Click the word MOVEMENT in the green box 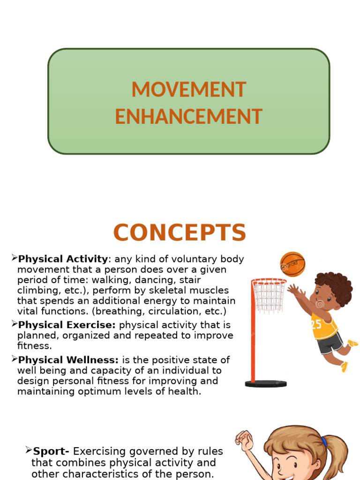pos(188,90)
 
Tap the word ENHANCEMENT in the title pos(188,117)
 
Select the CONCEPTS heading pos(180,233)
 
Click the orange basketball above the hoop pos(292,264)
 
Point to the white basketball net pos(269,295)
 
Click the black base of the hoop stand pos(266,383)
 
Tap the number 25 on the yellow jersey pos(317,324)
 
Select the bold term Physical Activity pos(63,259)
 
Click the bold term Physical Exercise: pos(67,325)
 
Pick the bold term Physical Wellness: pos(68,360)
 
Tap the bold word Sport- pos(51,451)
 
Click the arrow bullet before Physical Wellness pos(14,359)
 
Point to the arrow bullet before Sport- pos(28,450)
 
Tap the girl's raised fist pos(244,439)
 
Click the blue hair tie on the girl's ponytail pos(324,442)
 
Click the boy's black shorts pos(330,344)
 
